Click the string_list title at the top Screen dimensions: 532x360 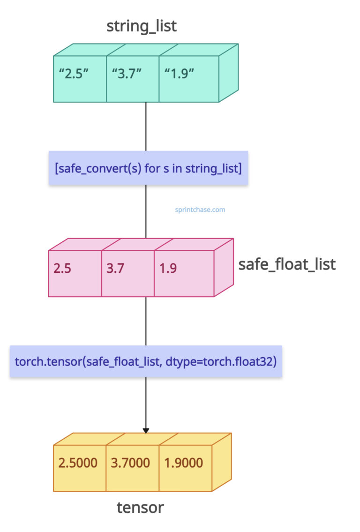142,25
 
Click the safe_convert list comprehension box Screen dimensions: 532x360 148,168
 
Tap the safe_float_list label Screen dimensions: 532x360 287,264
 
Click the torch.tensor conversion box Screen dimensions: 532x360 146,362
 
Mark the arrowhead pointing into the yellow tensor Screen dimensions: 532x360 146,430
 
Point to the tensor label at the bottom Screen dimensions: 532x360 140,507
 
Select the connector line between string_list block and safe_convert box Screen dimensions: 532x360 146,126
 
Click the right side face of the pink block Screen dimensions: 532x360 224,267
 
